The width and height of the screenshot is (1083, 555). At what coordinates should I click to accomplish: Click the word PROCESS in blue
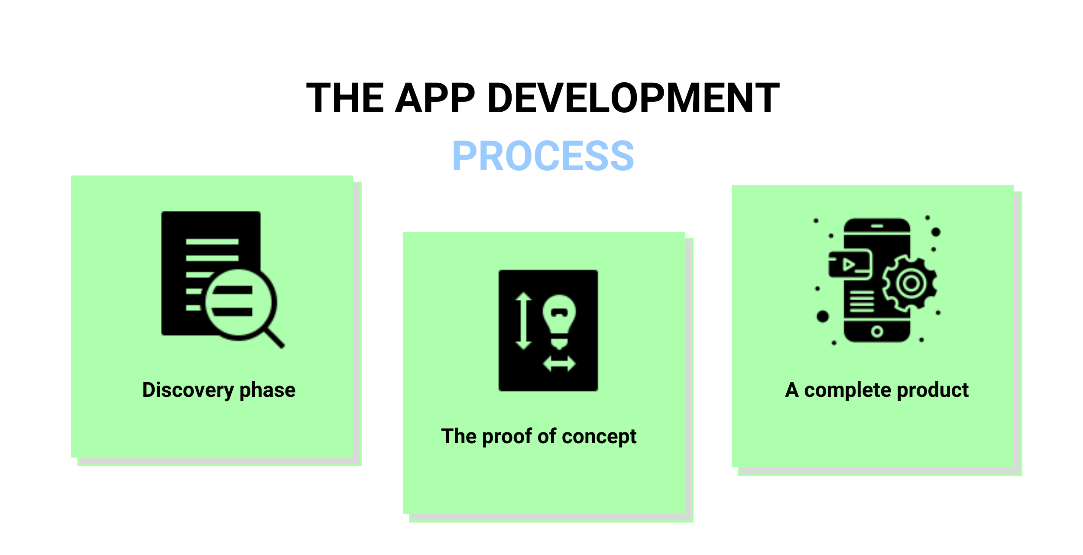click(543, 156)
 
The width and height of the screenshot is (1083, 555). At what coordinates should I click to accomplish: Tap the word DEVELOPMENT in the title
click(633, 98)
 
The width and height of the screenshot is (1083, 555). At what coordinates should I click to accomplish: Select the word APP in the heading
click(435, 98)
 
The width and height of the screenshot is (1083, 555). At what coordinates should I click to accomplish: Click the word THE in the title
click(345, 98)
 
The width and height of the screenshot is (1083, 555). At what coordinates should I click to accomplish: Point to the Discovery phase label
click(219, 390)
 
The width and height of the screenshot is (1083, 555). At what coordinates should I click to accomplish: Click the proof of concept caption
click(539, 437)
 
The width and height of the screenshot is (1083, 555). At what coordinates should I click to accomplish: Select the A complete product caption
click(877, 390)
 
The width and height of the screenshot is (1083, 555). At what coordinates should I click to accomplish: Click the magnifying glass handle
click(274, 338)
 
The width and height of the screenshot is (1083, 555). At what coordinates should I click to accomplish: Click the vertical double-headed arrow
click(523, 321)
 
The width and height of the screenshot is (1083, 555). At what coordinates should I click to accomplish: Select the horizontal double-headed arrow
click(559, 364)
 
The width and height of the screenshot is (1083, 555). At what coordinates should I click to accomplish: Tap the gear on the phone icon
click(910, 283)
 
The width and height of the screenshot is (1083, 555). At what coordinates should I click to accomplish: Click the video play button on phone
click(848, 264)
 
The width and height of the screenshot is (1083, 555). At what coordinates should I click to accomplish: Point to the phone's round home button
click(877, 332)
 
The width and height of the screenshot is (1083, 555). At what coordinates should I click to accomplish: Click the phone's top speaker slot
click(877, 226)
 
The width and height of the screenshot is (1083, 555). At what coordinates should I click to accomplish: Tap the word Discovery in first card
click(188, 390)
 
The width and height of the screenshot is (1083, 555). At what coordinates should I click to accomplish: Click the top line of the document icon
click(212, 241)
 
